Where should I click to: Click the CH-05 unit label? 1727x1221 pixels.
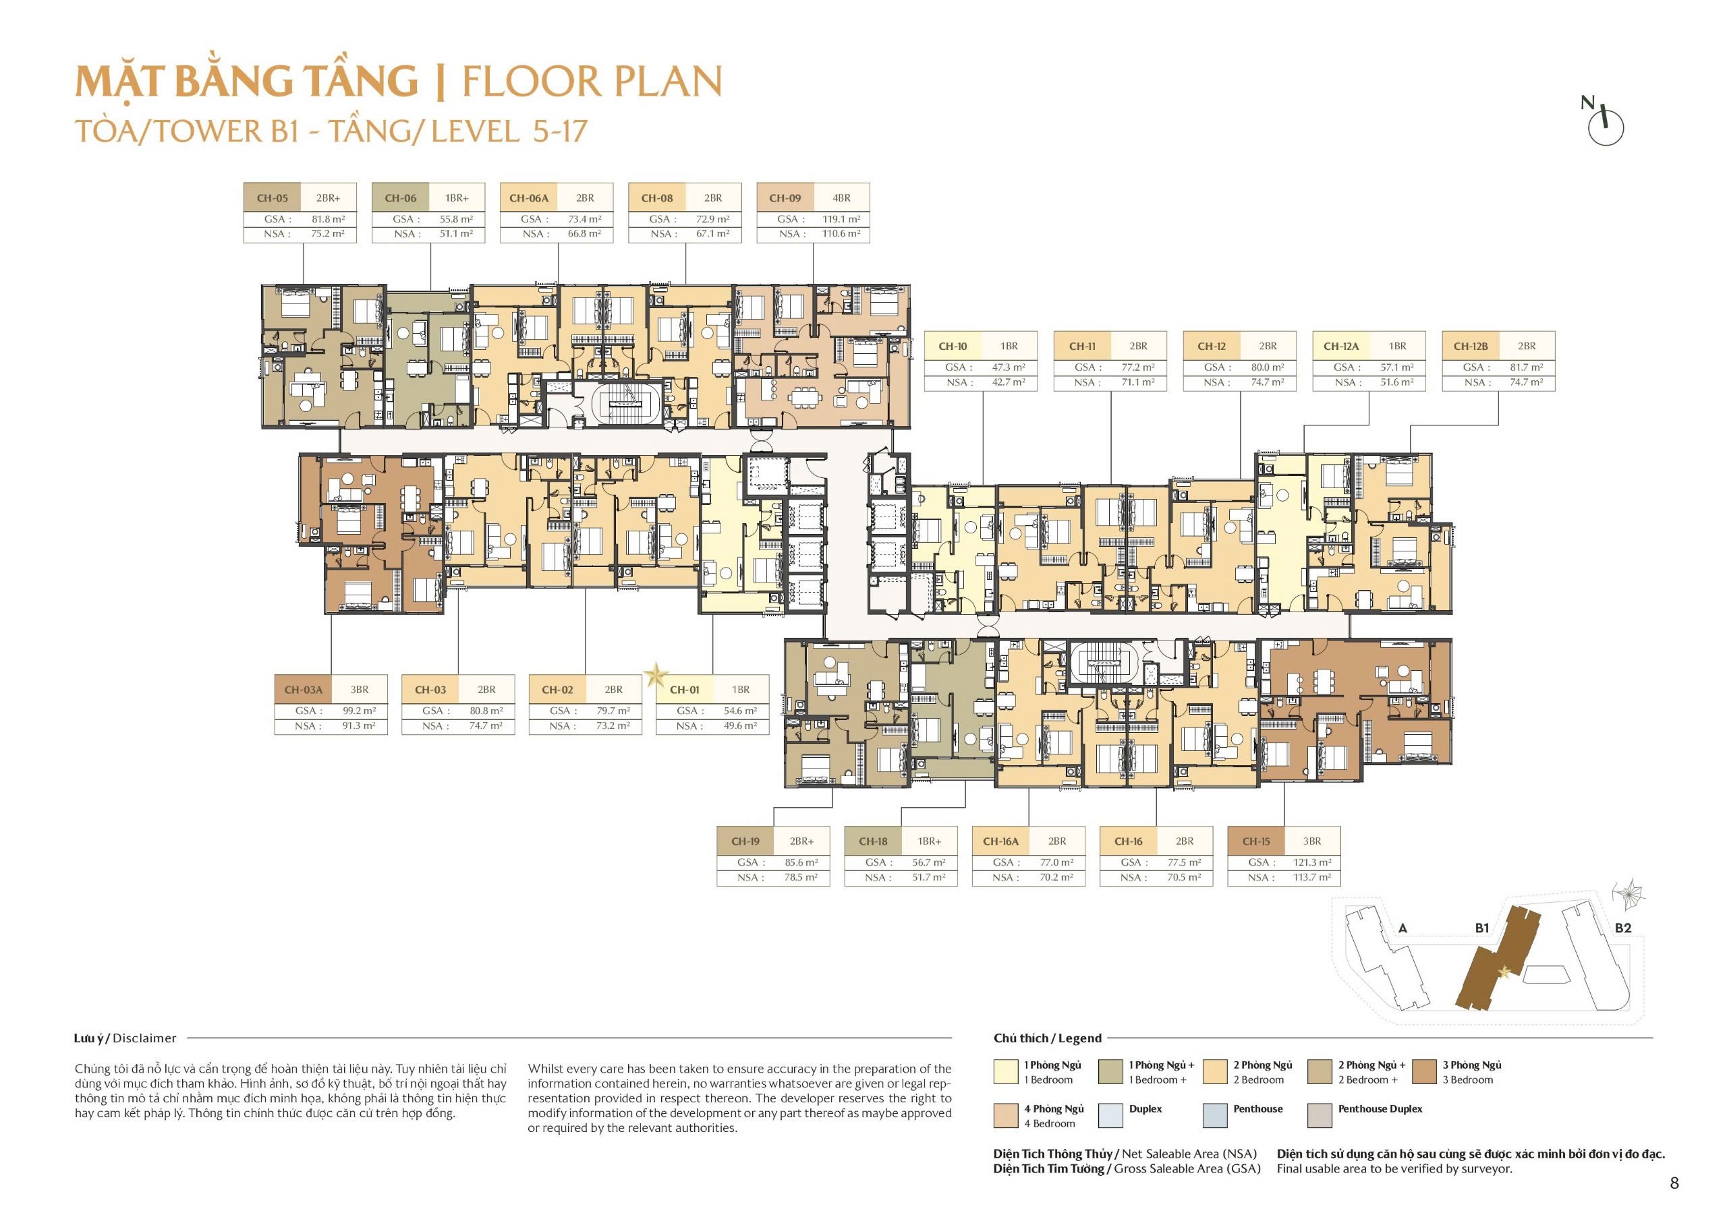(273, 198)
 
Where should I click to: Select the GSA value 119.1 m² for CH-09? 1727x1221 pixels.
(841, 219)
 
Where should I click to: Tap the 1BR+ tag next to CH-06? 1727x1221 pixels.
(457, 198)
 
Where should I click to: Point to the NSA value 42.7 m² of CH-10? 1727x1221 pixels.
(1008, 382)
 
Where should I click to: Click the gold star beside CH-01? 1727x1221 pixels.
(656, 674)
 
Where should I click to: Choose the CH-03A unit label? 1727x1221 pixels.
(303, 690)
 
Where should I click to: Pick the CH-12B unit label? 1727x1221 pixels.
(1471, 347)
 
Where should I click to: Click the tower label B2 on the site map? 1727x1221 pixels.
(1623, 928)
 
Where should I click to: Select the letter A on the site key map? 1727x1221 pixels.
(1402, 928)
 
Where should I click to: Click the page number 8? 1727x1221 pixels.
(1674, 1183)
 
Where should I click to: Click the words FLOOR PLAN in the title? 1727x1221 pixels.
(591, 82)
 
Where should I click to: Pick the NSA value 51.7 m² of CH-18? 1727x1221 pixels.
(929, 877)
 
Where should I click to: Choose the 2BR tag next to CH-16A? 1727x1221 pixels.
(1057, 841)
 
